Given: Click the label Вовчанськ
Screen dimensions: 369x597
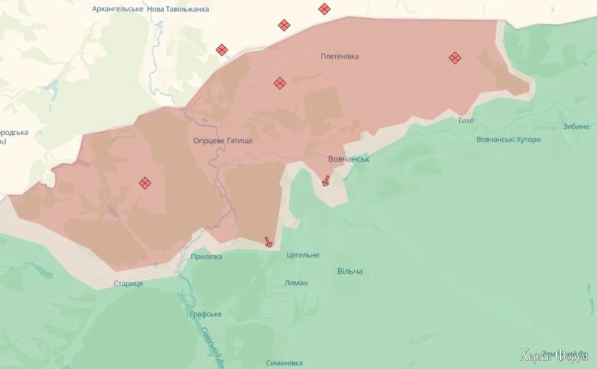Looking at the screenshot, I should [349, 159].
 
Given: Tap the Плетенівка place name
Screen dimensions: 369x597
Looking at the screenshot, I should [340, 57].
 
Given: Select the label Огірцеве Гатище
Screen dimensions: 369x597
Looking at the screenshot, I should [223, 140].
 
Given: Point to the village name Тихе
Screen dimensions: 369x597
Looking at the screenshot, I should [466, 120].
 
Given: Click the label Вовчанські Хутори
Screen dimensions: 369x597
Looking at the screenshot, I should [508, 140].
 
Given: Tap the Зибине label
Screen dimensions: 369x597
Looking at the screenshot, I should [575, 127].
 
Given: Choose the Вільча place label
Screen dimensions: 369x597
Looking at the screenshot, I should [350, 272].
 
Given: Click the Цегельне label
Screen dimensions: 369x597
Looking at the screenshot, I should [303, 255].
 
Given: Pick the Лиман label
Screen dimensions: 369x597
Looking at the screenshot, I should [296, 283].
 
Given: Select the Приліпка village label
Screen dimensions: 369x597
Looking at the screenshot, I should [206, 256].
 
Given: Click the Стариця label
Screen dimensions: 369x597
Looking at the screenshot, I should [128, 284].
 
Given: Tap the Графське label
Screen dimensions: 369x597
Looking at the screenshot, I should [206, 314].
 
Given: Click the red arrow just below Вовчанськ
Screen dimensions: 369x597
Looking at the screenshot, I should [325, 181].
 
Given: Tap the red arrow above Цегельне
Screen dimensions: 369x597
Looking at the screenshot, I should [268, 242].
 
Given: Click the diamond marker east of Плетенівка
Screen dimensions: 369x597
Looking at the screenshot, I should [455, 58].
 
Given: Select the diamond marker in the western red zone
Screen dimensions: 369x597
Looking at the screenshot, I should [145, 183].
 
